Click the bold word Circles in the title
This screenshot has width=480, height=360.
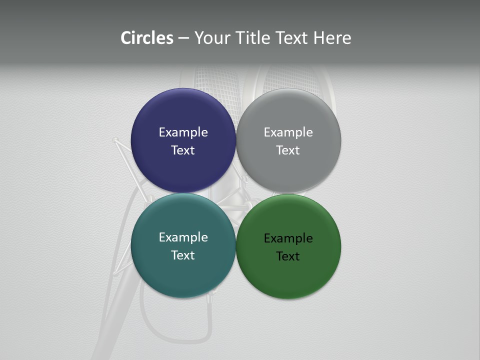click(146, 38)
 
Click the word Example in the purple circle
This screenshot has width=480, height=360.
click(183, 132)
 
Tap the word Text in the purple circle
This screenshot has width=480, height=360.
click(183, 150)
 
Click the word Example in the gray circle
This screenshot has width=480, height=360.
click(288, 132)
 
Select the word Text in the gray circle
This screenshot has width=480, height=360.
click(288, 150)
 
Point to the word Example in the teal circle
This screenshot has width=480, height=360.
click(183, 237)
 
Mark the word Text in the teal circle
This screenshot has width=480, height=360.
click(183, 255)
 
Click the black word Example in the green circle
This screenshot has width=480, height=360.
click(288, 238)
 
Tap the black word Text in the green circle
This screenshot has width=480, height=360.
click(288, 256)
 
